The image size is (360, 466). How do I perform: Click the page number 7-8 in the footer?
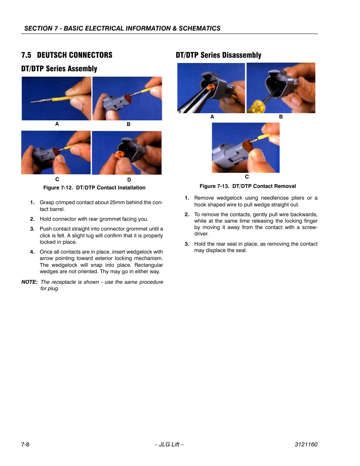(x=25, y=444)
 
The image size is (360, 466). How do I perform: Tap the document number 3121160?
(x=306, y=444)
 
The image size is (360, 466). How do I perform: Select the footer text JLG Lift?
(x=169, y=444)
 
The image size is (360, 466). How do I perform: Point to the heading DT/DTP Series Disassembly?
(x=218, y=55)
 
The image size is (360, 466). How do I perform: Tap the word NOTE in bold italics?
(x=29, y=282)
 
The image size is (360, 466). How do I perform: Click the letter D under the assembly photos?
(x=129, y=180)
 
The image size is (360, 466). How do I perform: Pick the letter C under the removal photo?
(x=247, y=177)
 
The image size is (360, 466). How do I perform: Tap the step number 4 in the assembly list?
(x=32, y=252)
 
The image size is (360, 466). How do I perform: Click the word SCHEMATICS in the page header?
(x=199, y=28)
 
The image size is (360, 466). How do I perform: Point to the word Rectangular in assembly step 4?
(x=149, y=265)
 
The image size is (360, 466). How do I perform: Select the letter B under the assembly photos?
(x=128, y=124)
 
